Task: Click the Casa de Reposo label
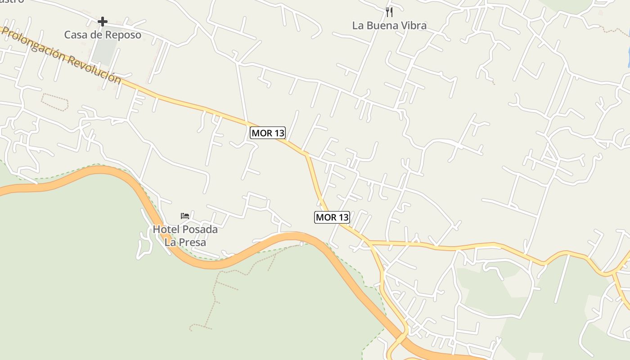(103, 35)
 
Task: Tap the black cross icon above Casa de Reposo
(103, 21)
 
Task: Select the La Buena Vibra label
(389, 26)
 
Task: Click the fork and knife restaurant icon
(389, 12)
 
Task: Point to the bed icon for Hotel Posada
(184, 216)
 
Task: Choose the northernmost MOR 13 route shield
(268, 133)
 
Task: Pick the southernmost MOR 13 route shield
(332, 217)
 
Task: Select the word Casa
(76, 35)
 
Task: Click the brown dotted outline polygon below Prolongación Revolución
(54, 102)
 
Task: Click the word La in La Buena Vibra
(358, 26)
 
